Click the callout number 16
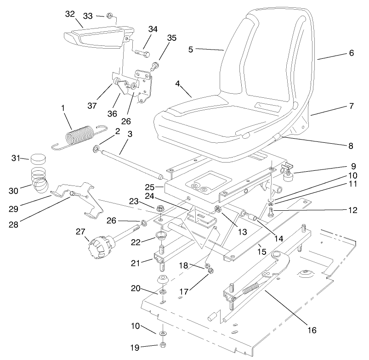pyautogui.click(x=313, y=330)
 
